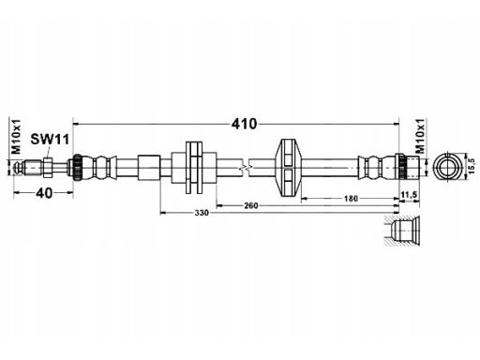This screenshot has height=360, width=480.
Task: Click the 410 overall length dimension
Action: (x=244, y=124)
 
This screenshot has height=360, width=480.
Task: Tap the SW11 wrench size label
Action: (x=50, y=140)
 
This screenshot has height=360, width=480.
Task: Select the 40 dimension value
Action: (x=44, y=193)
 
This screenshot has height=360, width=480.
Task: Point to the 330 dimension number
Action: (x=202, y=213)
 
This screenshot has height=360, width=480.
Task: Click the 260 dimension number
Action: (x=251, y=205)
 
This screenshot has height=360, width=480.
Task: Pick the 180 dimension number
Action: (x=351, y=199)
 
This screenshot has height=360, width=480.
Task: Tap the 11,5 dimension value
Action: (x=409, y=195)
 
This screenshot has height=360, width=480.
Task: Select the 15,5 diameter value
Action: (x=472, y=166)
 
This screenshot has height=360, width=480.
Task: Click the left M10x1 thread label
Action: (x=16, y=136)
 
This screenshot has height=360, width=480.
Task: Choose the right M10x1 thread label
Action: (x=421, y=136)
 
